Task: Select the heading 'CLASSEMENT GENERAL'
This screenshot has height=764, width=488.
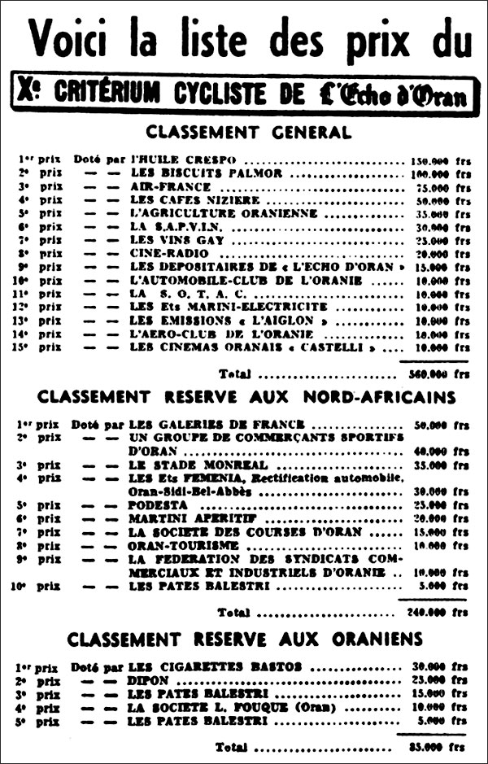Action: coord(248,132)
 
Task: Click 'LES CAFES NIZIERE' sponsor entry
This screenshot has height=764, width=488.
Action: coord(194,199)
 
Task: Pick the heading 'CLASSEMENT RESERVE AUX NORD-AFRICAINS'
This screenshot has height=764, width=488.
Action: coord(246,397)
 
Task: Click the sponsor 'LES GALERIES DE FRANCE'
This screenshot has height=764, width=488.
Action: coord(216,424)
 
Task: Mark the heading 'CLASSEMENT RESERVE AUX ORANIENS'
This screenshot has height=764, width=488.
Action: coord(246,638)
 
